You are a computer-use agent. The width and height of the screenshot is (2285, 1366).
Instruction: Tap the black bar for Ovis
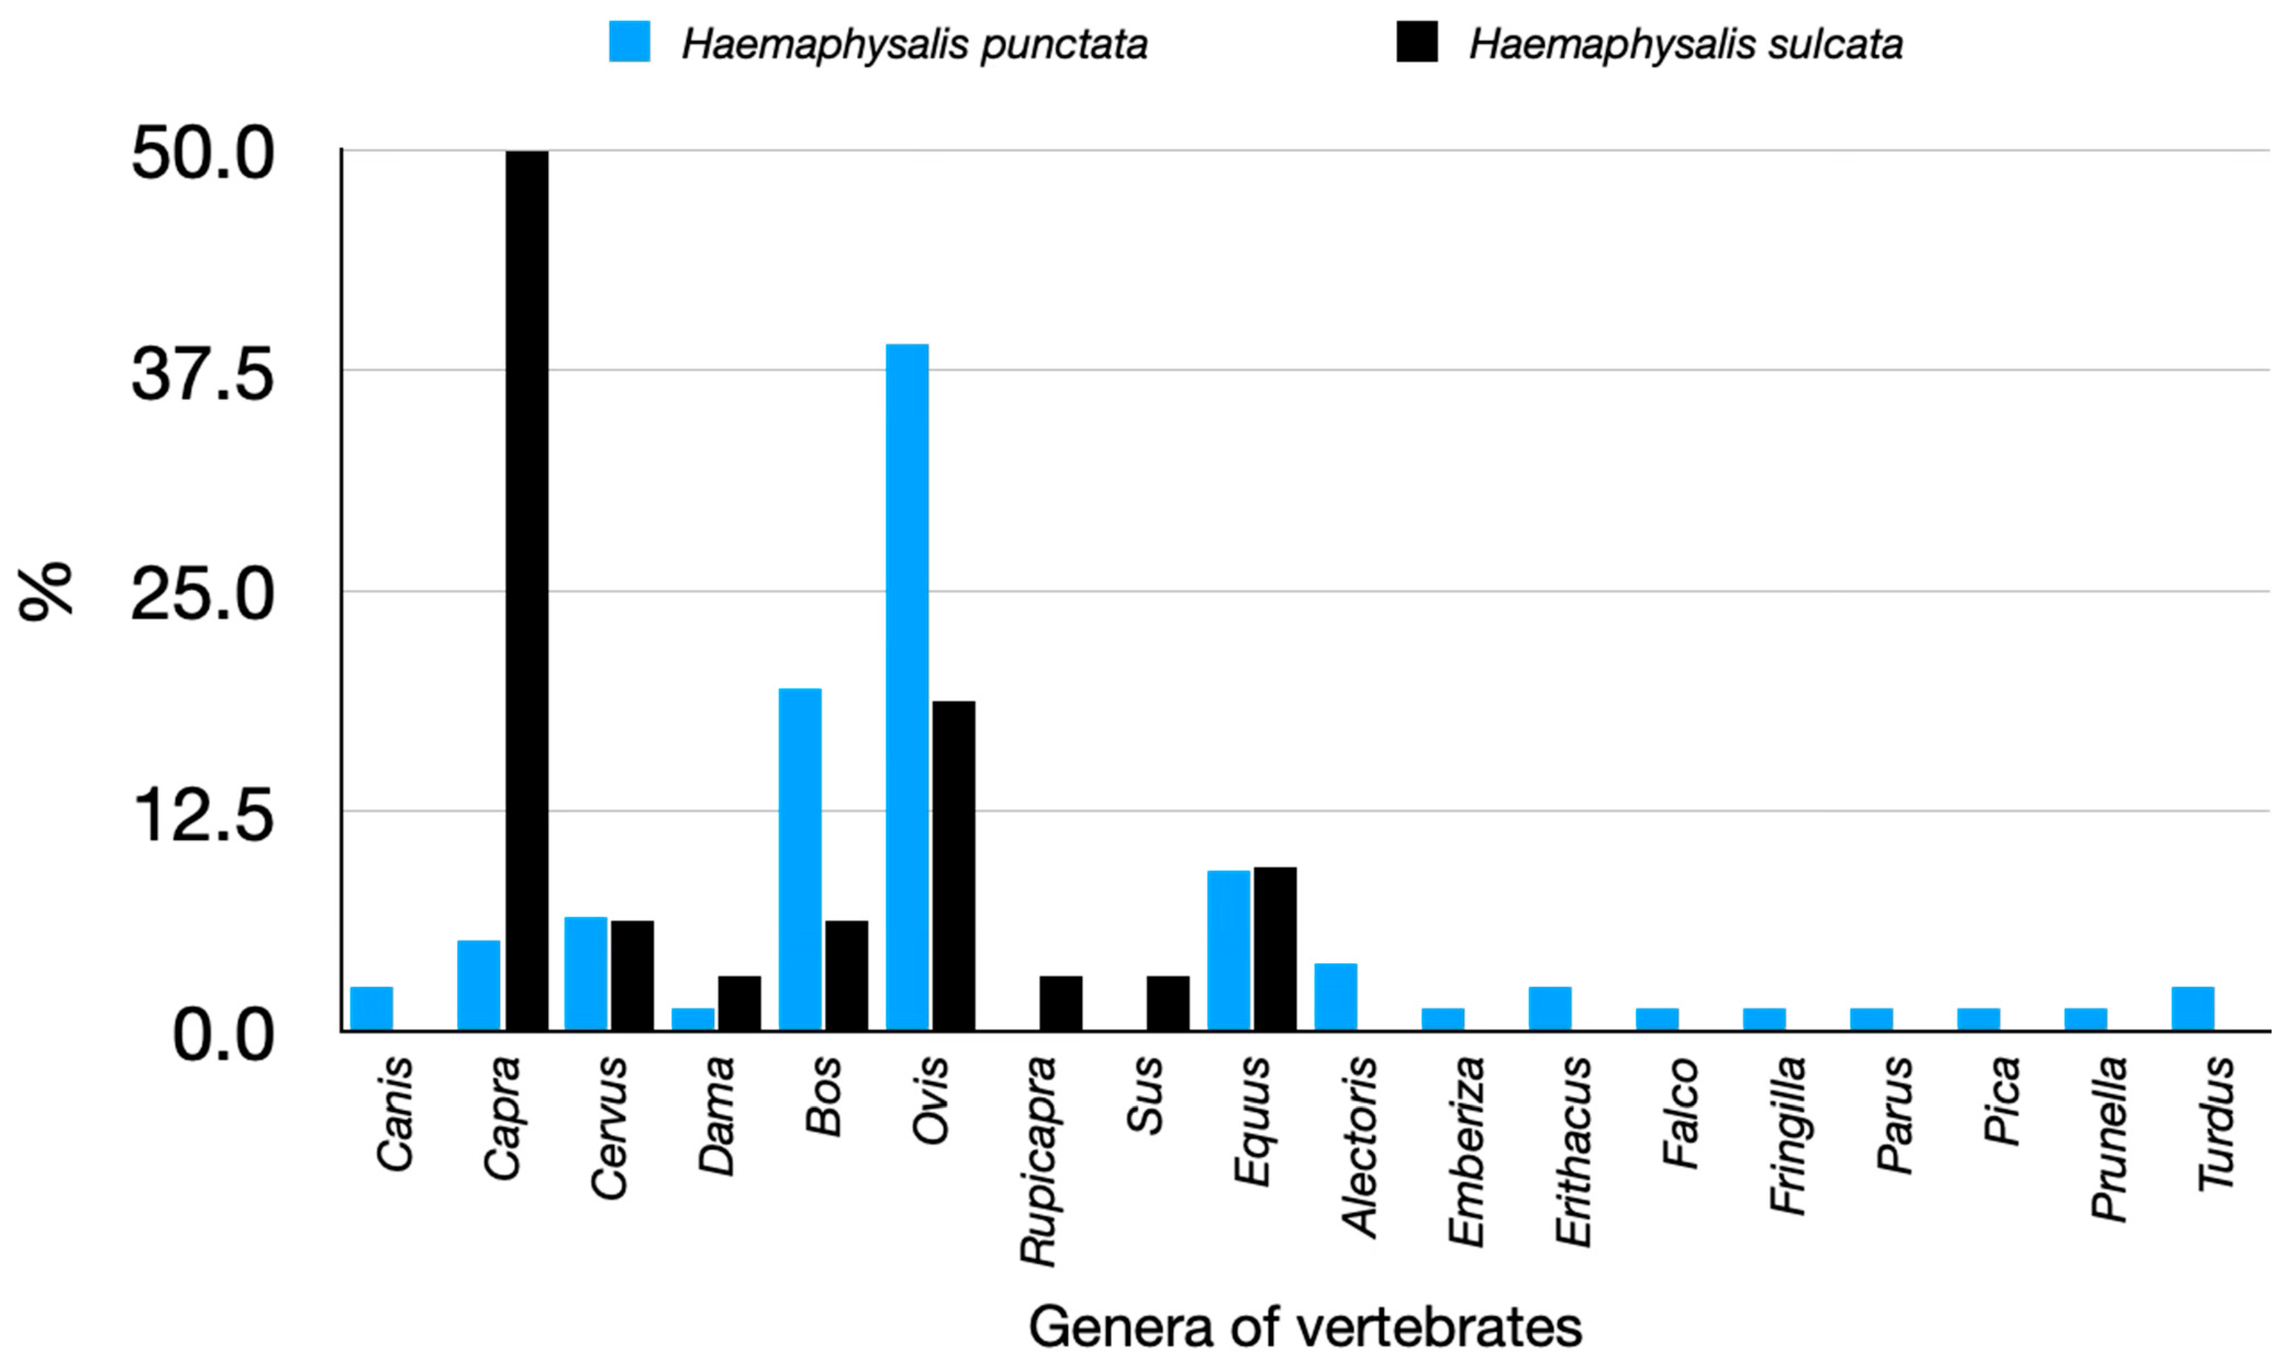(954, 865)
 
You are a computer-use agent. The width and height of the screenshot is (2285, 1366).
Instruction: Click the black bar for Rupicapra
(1060, 1003)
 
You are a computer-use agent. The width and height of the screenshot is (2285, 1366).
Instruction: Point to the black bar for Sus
(1167, 1003)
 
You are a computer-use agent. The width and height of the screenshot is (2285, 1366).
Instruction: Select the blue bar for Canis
(372, 1008)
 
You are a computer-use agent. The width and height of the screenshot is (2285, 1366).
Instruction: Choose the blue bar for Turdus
(2193, 1008)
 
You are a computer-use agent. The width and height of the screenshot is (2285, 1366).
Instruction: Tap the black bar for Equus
(1275, 948)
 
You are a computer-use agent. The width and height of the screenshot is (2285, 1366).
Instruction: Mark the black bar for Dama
(739, 1003)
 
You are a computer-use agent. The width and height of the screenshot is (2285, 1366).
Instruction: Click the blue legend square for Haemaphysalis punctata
(630, 42)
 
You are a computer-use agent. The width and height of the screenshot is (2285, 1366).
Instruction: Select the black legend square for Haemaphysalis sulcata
(1417, 42)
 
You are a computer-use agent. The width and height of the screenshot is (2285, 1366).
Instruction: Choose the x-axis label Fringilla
(1788, 1137)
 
